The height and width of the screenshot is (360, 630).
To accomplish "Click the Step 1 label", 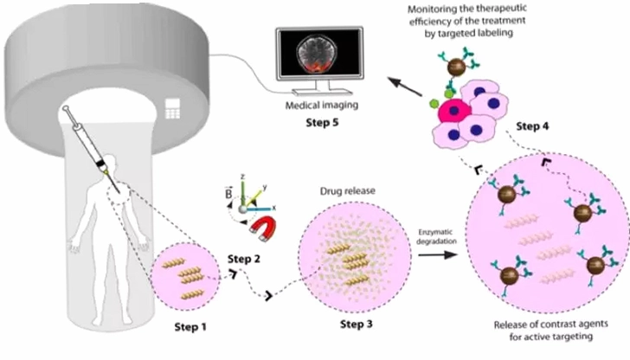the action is (190, 327).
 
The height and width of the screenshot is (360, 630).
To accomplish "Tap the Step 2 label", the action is (244, 259).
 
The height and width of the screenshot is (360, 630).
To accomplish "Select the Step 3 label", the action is (357, 324).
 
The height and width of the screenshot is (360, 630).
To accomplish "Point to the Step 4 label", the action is (532, 126).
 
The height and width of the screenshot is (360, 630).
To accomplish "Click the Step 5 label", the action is (322, 122).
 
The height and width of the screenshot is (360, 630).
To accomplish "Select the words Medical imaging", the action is (322, 106).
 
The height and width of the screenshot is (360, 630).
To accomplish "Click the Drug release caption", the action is (348, 191).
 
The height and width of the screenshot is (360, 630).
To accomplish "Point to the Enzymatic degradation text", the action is (436, 236).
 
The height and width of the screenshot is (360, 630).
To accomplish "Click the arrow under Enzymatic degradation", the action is (438, 254).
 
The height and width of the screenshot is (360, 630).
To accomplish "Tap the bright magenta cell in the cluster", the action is (454, 111).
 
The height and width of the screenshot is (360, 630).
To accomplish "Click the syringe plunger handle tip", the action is (65, 108).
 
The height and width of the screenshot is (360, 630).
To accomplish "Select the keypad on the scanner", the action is (172, 108).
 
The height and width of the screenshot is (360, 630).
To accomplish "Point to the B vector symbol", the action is (228, 192).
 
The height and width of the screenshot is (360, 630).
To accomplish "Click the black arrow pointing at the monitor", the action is (405, 87).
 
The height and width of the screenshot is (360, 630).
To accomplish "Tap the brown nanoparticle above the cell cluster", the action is (457, 67).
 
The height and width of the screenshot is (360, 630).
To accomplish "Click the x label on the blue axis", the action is (274, 208).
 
